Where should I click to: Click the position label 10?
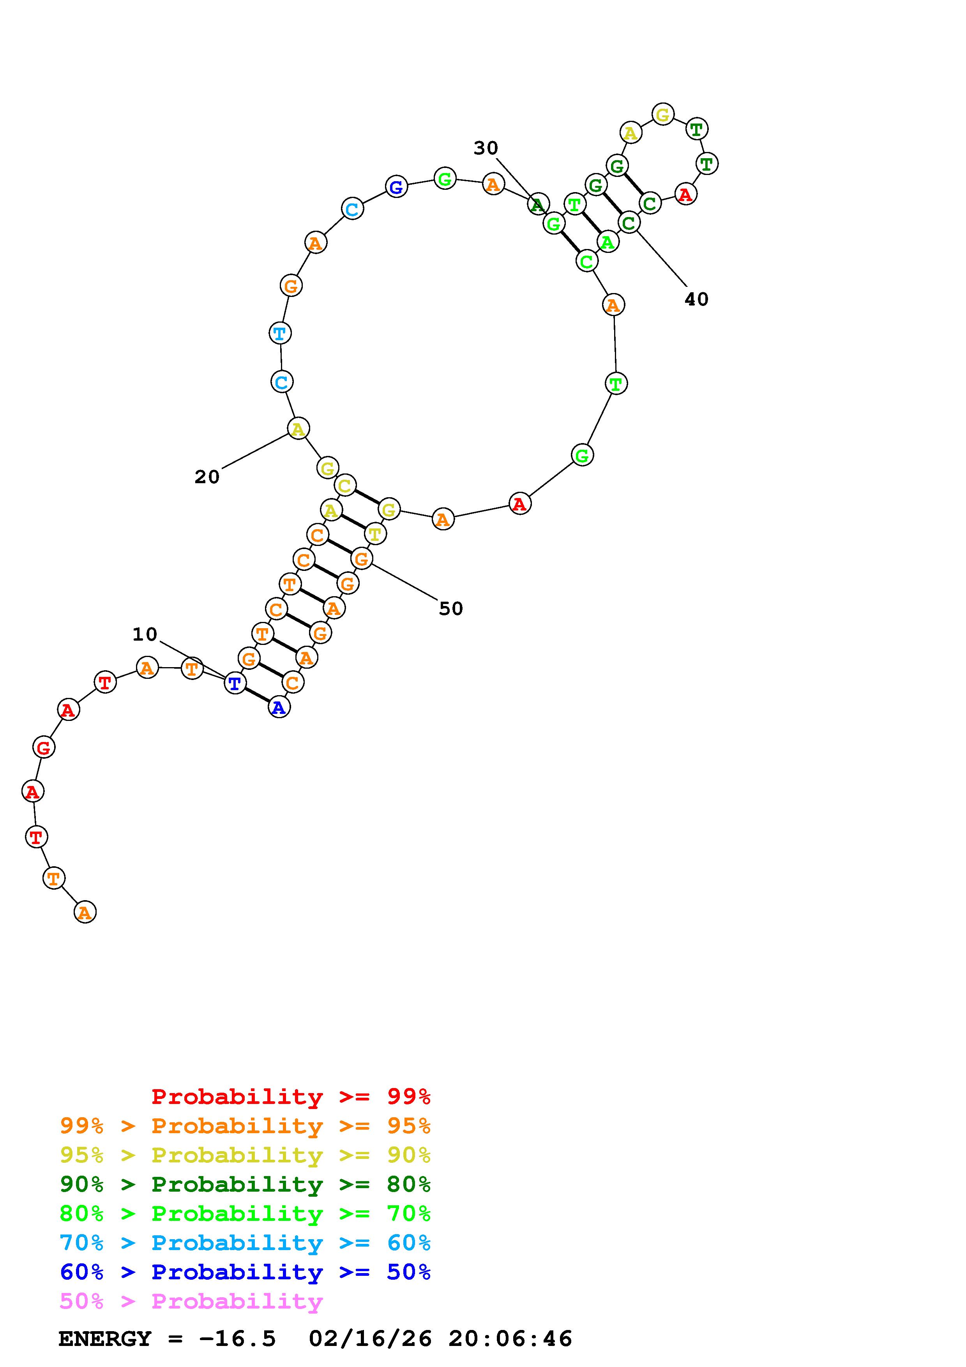(x=145, y=635)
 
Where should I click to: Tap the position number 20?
(x=207, y=477)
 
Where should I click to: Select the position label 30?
(x=486, y=148)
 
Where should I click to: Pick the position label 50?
(x=450, y=608)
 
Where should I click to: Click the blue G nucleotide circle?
(x=396, y=187)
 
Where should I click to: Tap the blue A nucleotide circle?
(x=279, y=707)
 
